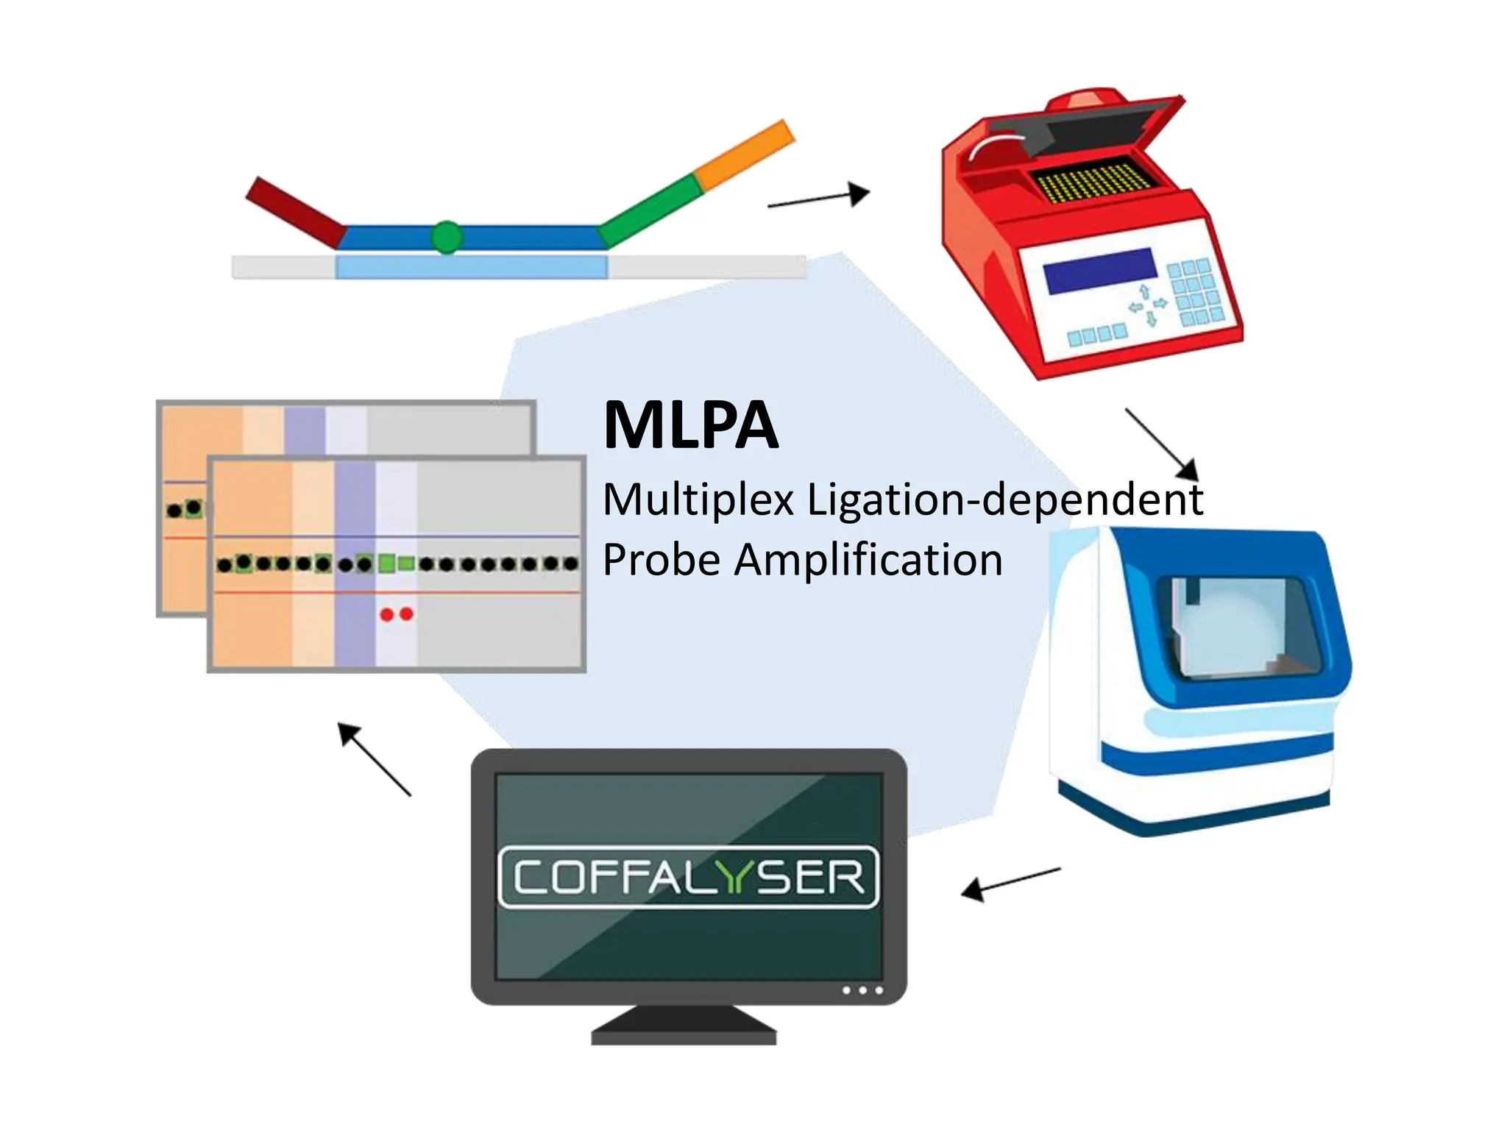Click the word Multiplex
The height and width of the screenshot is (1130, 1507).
pyautogui.click(x=698, y=500)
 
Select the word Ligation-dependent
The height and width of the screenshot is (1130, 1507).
pyautogui.click(x=1004, y=501)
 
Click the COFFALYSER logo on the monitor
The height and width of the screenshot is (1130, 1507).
pyautogui.click(x=688, y=877)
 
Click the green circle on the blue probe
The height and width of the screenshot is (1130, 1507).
pyautogui.click(x=446, y=237)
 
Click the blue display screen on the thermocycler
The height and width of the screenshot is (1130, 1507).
pyautogui.click(x=1099, y=271)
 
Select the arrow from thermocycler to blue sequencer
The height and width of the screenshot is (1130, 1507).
pyautogui.click(x=1162, y=445)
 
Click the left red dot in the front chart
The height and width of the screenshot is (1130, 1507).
pyautogui.click(x=387, y=614)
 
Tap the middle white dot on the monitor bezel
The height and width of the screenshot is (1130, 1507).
pyautogui.click(x=862, y=990)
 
